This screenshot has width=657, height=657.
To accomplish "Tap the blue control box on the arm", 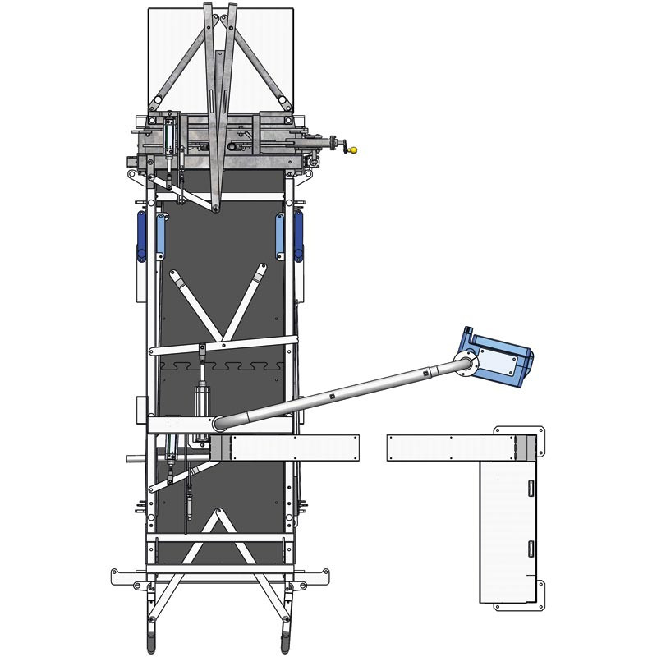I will click(498, 355).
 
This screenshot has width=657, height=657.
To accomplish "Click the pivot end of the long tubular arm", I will click(220, 423).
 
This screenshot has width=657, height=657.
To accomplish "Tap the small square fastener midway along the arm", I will click(331, 397).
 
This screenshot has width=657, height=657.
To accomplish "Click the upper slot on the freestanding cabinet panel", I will click(530, 488).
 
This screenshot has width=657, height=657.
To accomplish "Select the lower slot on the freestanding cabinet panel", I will click(530, 549).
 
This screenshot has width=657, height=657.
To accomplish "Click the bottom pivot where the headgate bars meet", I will click(215, 208).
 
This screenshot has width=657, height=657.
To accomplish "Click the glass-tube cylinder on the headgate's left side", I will click(170, 136).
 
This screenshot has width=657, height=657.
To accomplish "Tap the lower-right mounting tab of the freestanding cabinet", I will click(540, 585).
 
